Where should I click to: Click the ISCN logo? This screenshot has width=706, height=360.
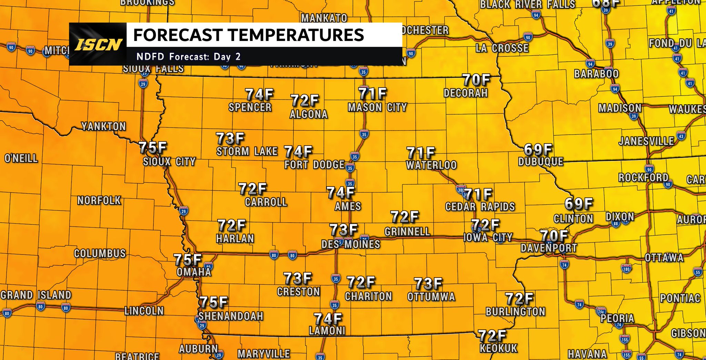pyautogui.click(x=98, y=44)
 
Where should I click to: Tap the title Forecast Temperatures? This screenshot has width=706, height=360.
pyautogui.click(x=249, y=35)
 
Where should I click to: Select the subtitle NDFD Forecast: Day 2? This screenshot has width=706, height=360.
pyautogui.click(x=189, y=57)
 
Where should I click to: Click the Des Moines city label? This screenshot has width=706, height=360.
pyautogui.click(x=351, y=244)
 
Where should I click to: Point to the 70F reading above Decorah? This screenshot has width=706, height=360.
pyautogui.click(x=476, y=80)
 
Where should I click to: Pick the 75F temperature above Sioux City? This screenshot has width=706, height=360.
pyautogui.click(x=153, y=147)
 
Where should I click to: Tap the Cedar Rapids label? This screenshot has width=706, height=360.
pyautogui.click(x=480, y=207)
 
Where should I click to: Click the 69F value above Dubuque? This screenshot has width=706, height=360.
pyautogui.click(x=538, y=150)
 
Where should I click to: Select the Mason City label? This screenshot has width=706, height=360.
pyautogui.click(x=377, y=107)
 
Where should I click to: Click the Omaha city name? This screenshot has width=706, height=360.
pyautogui.click(x=194, y=272)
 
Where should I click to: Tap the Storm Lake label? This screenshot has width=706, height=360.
pyautogui.click(x=247, y=151)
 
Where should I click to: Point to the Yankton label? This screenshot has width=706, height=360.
pyautogui.click(x=103, y=126)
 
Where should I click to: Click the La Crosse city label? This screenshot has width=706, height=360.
pyautogui.click(x=502, y=48)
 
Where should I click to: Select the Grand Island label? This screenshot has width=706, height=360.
pyautogui.click(x=36, y=295)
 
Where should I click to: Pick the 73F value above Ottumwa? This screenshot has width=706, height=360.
pyautogui.click(x=428, y=284)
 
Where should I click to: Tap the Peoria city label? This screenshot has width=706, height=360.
pyautogui.click(x=617, y=318)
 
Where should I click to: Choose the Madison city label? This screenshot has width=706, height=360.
pyautogui.click(x=620, y=108)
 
